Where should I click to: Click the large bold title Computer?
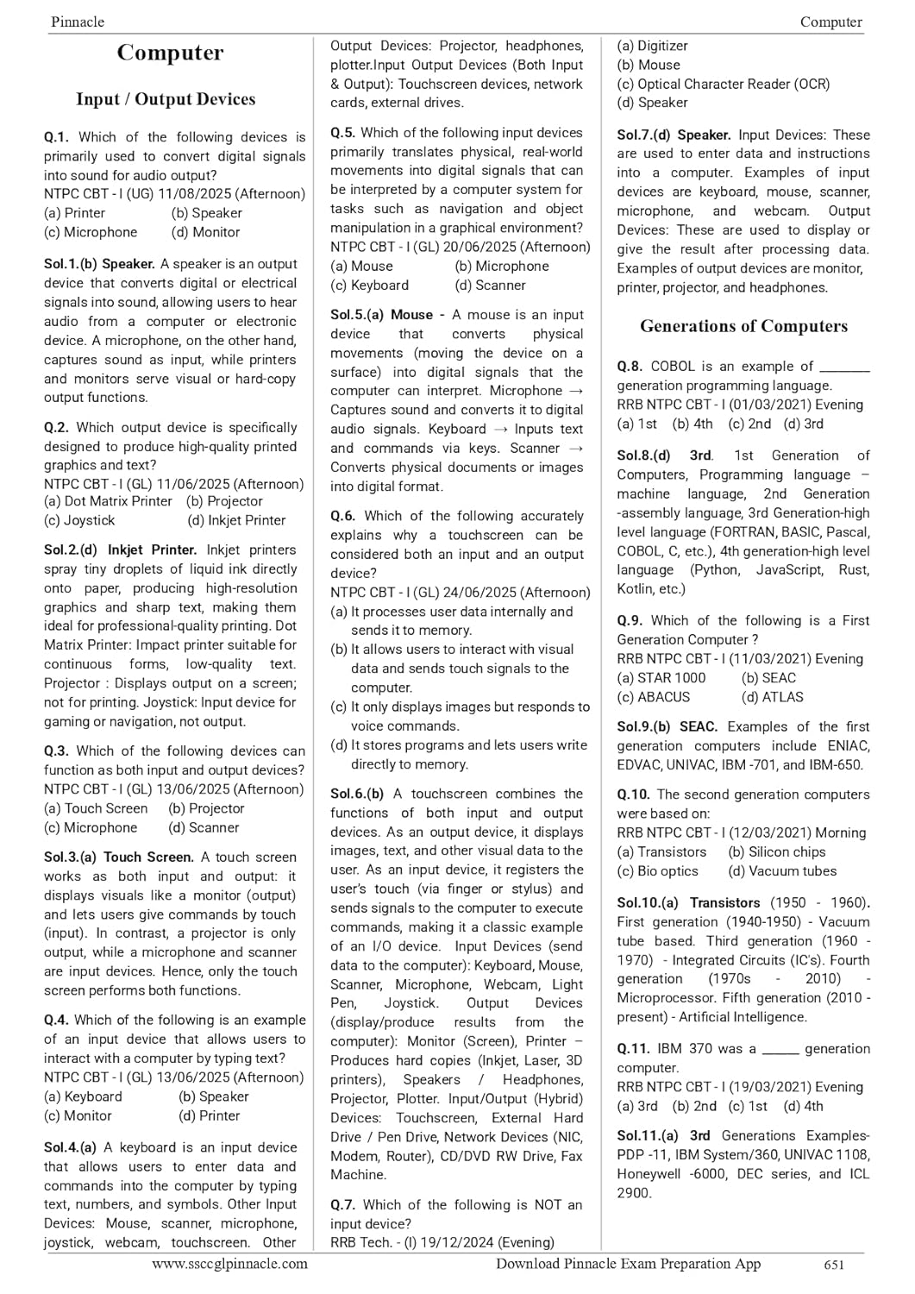170,53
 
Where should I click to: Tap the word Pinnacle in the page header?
78,22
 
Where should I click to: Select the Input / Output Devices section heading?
166,99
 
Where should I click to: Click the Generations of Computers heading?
743,326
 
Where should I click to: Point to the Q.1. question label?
56,137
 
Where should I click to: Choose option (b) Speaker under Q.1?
207,213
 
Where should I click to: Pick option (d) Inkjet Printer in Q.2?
236,520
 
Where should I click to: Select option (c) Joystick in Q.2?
79,520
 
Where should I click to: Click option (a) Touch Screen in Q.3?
96,808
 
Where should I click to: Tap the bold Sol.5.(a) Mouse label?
382,315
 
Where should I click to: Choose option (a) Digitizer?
652,46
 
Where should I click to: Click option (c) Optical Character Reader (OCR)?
723,84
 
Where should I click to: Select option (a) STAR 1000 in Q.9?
661,678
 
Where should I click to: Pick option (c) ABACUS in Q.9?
654,697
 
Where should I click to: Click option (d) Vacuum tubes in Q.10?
782,871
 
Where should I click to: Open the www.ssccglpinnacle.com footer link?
229,1264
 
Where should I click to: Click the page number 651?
834,1265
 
